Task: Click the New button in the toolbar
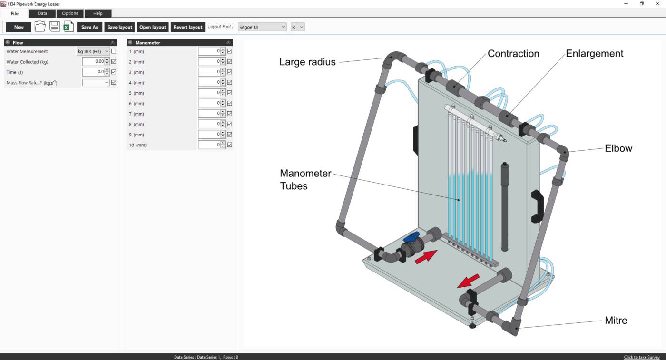19,27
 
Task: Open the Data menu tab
42,13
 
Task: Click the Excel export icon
69,27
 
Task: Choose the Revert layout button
187,27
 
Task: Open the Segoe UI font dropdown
262,27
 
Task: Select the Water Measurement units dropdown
93,51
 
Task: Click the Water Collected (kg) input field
93,62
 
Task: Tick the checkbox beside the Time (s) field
114,72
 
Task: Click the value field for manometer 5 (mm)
209,93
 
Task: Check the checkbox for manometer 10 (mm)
230,145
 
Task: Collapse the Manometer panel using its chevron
228,43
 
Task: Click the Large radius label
307,62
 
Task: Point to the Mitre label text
616,321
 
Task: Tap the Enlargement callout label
594,54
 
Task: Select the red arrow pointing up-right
426,257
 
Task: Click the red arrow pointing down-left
468,281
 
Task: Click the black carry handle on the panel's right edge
537,205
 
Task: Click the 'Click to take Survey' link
642,357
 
